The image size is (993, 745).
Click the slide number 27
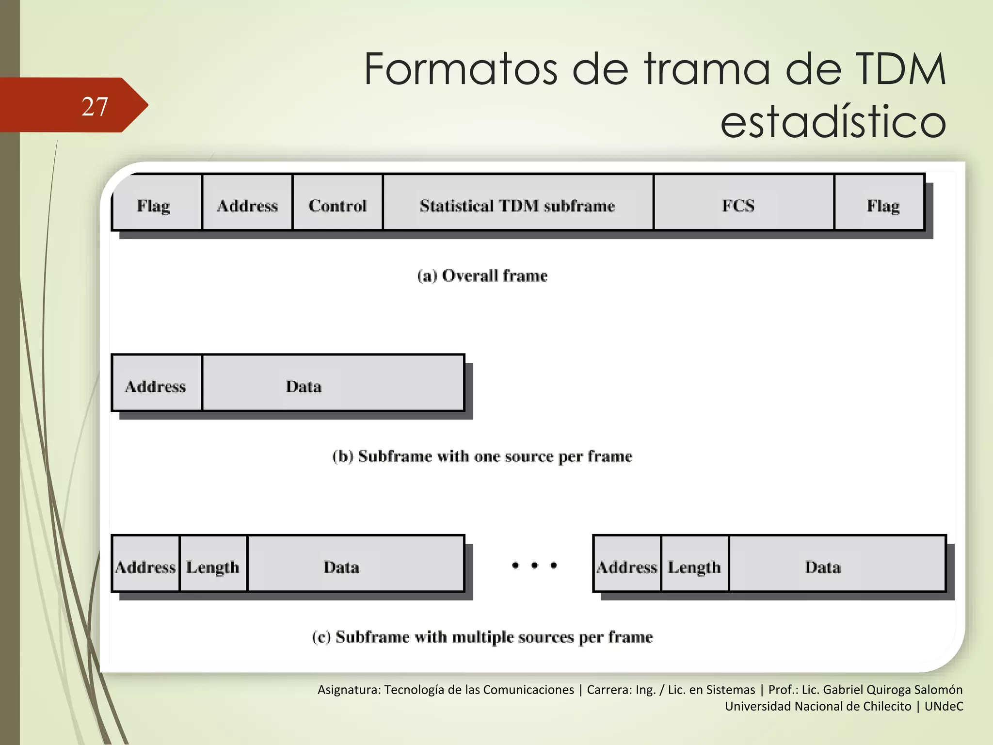pos(95,106)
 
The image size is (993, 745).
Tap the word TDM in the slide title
pos(900,69)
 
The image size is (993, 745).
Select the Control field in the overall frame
pos(337,206)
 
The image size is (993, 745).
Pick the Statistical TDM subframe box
pos(517,206)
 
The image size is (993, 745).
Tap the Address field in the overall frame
pos(247,206)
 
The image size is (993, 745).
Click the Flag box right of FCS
pos(882,206)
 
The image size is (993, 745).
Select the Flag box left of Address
pos(154,206)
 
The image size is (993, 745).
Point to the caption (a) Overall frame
pos(482,275)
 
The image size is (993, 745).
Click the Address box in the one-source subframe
pos(156,386)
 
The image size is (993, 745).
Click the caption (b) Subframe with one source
pos(482,456)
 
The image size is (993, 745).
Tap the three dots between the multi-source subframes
pos(534,565)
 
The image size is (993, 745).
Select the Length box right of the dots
pos(694,567)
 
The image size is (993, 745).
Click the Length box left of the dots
pos(213,567)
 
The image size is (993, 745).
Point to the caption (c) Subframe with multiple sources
pos(482,637)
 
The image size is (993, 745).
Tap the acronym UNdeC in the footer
pos(944,706)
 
